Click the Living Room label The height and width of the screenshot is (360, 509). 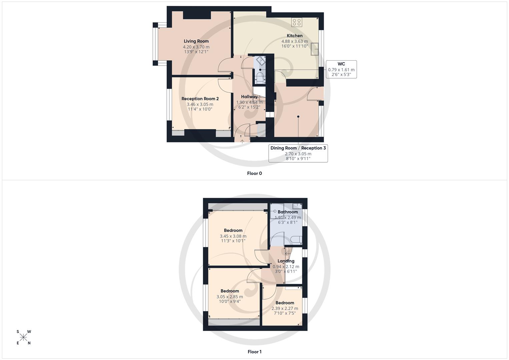[196, 41]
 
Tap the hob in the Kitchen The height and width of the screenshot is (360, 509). [296, 22]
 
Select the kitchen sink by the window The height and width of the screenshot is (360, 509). [314, 49]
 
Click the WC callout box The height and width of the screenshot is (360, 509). [341, 69]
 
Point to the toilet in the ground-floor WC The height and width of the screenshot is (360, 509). [260, 77]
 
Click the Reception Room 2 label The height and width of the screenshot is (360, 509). [200, 99]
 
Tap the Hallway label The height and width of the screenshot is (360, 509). [249, 97]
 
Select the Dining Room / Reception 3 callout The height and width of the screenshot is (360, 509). [298, 153]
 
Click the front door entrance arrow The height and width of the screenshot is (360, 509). [242, 141]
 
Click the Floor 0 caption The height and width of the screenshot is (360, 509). [254, 173]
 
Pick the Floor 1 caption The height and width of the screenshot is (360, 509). [254, 352]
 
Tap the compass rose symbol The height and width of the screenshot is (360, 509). [23, 337]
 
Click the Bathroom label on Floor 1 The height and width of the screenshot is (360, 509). [288, 212]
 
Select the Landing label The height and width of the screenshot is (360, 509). [286, 261]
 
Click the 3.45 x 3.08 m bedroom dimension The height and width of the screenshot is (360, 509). [233, 236]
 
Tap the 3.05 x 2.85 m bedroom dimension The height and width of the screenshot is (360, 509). [230, 297]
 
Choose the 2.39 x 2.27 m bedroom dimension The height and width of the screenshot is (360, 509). [285, 309]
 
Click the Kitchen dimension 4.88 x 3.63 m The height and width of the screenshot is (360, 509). [295, 41]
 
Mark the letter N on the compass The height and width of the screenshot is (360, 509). [29, 343]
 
